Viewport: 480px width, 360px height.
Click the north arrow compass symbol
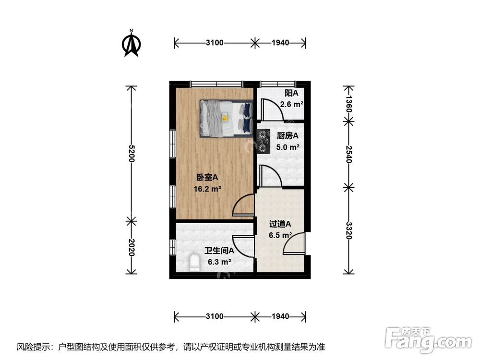coord(131,43)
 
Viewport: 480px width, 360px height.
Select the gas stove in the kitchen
coord(264,139)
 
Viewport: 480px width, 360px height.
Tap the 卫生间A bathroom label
coord(219,251)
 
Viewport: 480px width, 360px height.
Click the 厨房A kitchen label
coord(288,136)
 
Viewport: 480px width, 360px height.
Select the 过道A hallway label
coord(280,224)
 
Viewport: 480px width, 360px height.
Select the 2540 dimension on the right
coord(349,153)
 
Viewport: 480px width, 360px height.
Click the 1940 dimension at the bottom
coord(280,316)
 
